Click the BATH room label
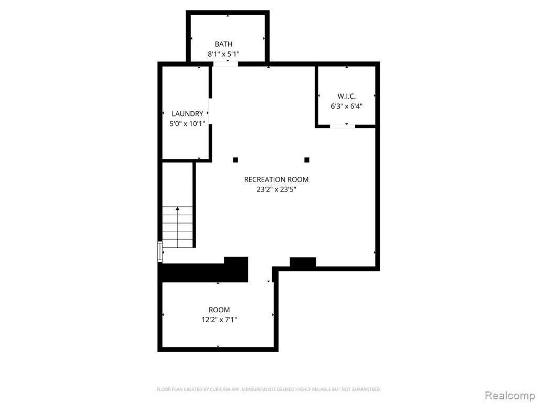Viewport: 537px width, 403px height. tap(223, 44)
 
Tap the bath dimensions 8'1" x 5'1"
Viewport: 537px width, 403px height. tap(223, 54)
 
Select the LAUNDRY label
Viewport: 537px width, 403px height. tap(187, 114)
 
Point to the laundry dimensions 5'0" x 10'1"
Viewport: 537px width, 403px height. tap(187, 124)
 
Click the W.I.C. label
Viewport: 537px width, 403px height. tap(347, 97)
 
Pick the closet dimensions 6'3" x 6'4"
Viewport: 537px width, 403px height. tap(347, 106)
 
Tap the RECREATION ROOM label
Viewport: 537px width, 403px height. tap(276, 179)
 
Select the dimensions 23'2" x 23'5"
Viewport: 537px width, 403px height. tap(276, 189)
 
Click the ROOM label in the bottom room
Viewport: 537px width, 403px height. tap(219, 310)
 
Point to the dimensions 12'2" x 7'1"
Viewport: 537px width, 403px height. tap(219, 320)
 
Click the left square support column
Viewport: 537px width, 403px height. tap(235, 160)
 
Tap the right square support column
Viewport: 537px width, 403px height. tap(307, 160)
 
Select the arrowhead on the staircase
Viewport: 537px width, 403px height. tap(177, 208)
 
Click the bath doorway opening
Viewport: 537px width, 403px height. tap(225, 64)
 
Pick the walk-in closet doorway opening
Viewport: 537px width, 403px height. tap(342, 126)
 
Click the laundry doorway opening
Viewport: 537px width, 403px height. tap(210, 111)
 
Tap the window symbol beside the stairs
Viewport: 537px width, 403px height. tap(160, 252)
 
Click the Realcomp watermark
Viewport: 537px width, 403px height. tap(510, 396)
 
